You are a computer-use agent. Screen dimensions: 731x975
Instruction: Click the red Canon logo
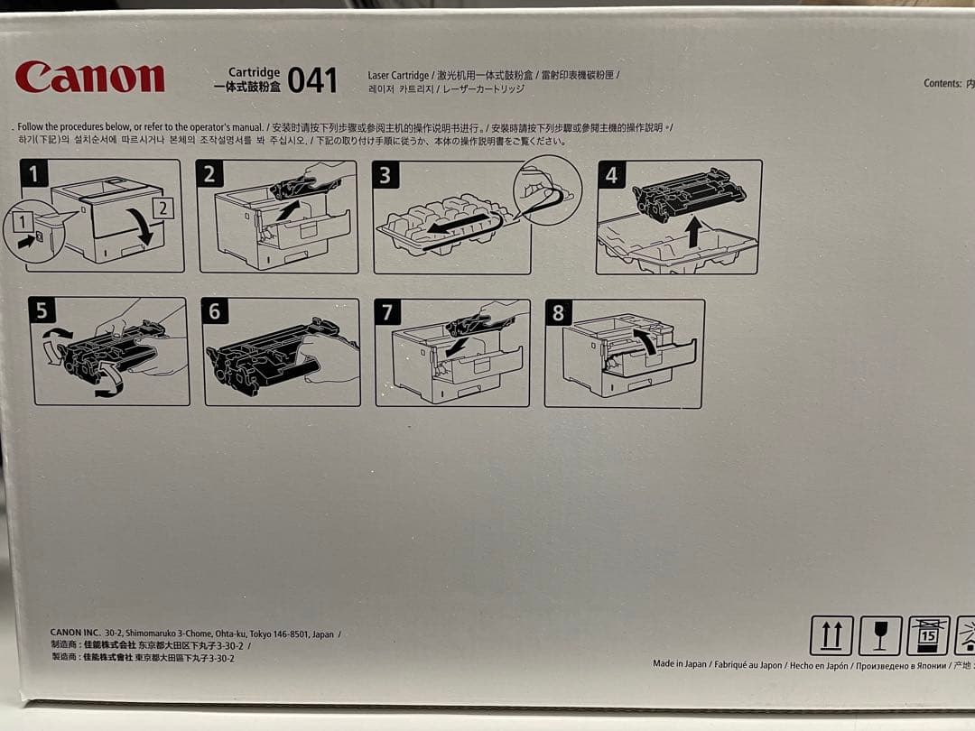89,78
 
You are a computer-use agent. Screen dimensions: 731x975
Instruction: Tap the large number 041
312,81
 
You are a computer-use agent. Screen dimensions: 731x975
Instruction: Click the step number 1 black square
34,173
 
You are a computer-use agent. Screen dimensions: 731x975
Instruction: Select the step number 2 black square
209,174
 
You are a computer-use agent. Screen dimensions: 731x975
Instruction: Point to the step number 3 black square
385,175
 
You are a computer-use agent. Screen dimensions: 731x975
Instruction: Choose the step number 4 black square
611,174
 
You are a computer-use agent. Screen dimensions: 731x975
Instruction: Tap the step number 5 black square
42,311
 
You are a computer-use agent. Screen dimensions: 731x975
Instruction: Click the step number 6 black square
214,312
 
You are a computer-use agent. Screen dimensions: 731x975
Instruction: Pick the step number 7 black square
387,313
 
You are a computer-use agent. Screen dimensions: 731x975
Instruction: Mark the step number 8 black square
558,313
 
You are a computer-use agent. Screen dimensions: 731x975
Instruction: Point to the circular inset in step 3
547,190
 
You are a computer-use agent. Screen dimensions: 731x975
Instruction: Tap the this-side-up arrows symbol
831,635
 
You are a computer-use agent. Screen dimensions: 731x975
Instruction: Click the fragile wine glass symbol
879,635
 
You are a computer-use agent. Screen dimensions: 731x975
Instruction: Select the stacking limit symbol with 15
928,635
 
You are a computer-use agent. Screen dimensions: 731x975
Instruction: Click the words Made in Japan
680,664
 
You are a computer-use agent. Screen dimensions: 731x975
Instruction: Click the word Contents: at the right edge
942,83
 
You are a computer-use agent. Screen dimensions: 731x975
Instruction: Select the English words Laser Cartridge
398,75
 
